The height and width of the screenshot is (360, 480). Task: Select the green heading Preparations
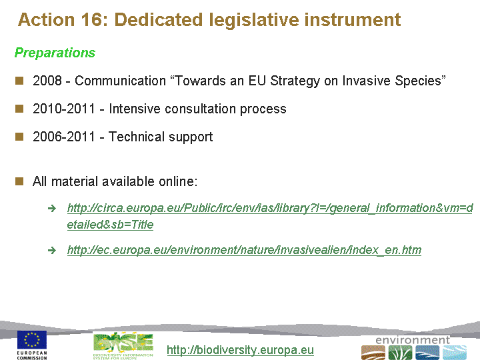tap(55, 53)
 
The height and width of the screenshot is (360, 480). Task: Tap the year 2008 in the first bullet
tap(47, 81)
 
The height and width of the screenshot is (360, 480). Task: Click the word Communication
tap(120, 81)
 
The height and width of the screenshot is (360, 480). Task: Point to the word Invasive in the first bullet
tap(366, 81)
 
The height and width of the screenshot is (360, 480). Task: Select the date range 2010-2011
tap(64, 109)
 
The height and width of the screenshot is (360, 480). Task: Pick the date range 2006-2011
tap(64, 137)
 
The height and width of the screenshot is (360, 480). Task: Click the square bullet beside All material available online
tap(19, 181)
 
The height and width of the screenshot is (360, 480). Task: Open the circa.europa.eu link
tap(270, 216)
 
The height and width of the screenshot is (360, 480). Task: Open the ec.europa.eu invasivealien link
tap(244, 250)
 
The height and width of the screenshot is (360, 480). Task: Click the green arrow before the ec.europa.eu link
tap(52, 251)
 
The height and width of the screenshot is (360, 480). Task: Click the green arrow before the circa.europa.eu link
tap(52, 209)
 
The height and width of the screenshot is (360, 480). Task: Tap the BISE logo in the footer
tap(123, 345)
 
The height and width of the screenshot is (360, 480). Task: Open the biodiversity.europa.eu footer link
tap(240, 350)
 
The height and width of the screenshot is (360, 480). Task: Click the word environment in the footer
tap(413, 340)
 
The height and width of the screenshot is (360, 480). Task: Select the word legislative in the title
tap(254, 20)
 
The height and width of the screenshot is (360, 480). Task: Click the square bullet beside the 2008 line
tap(19, 81)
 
